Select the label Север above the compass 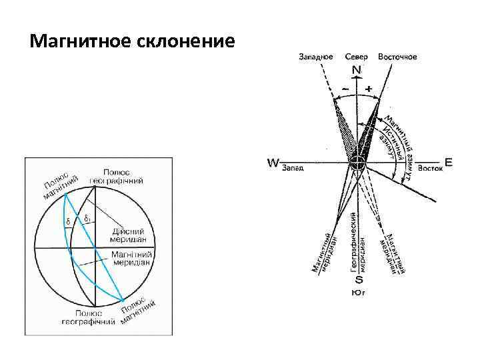357,57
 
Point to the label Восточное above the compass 397,57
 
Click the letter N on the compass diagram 357,70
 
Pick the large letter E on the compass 448,162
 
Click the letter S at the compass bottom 358,281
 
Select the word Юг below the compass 358,292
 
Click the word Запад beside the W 293,168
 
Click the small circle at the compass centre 358,163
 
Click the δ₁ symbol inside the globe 88,218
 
